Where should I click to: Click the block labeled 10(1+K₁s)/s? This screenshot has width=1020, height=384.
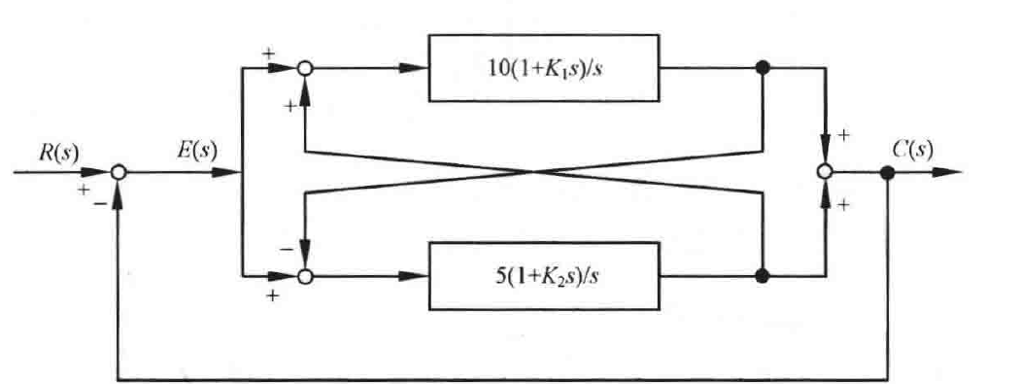544,68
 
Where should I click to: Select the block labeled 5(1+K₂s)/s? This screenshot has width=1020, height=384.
544,276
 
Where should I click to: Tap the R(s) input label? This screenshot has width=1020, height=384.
58,153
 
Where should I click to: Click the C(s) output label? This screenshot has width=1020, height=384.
913,151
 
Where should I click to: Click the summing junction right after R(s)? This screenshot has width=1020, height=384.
118,172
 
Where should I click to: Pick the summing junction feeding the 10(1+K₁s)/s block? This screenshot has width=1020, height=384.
304,68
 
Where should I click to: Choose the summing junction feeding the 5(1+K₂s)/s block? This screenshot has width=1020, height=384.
304,277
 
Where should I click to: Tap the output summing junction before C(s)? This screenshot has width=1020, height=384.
825,172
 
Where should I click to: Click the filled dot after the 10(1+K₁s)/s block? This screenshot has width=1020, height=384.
763,67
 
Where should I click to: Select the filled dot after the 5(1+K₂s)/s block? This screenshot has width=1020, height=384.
763,276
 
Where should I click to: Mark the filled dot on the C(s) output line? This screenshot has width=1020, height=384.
887,172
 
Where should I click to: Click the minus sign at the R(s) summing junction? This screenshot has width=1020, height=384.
99,203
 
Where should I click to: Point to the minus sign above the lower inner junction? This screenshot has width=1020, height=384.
285,249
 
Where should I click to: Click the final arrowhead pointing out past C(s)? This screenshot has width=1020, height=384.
947,172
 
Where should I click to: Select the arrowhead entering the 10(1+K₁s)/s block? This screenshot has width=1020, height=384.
414,68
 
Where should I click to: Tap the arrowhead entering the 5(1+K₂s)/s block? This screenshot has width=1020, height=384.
414,276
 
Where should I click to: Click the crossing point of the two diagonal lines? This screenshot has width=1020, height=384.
533,172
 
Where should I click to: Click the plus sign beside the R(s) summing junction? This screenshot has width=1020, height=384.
84,190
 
